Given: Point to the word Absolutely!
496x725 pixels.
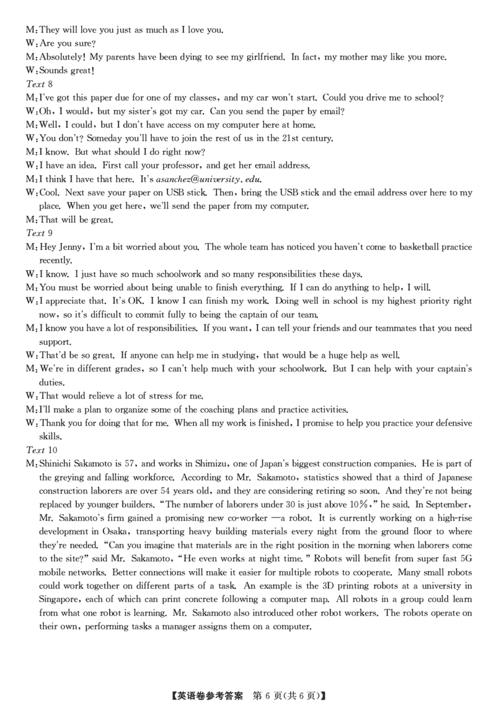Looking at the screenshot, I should coord(64,57).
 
